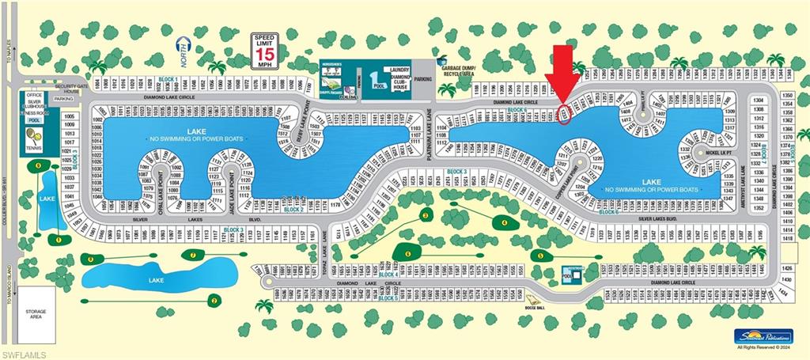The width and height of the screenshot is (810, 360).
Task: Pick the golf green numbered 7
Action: [193, 254]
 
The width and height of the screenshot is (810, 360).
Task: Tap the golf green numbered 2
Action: [213, 299]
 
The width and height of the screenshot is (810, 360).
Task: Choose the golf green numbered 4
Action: [505, 222]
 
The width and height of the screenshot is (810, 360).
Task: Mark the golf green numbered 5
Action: [541, 255]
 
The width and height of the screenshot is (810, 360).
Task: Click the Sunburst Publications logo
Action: [762, 335]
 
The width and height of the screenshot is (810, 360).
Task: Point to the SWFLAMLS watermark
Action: [24, 353]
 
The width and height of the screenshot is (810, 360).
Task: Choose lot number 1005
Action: [69, 116]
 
